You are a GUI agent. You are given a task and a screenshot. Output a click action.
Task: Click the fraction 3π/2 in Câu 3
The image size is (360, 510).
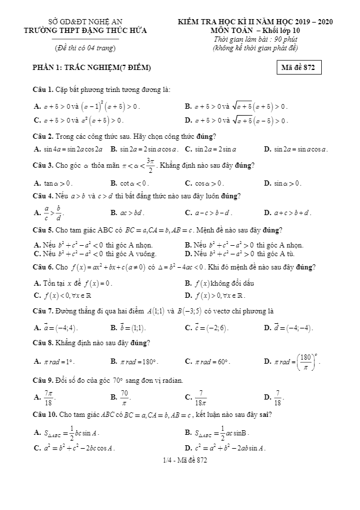point(150,165)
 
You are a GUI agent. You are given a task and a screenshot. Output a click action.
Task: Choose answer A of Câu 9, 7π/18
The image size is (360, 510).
point(49,397)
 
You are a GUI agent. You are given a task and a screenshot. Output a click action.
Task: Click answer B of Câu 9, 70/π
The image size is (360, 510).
point(123,397)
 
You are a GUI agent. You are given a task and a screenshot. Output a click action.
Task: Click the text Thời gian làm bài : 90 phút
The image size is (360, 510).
point(255,39)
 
